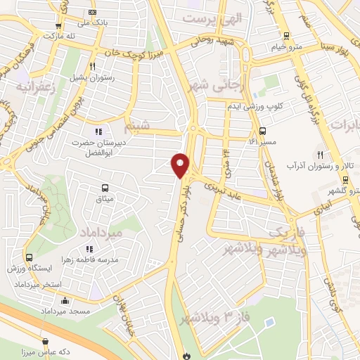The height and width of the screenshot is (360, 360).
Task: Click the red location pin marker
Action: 181,165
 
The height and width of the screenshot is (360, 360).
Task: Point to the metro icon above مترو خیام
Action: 285,36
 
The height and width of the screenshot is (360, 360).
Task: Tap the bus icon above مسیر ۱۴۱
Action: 262,131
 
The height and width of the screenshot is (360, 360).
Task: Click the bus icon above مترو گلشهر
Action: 332,180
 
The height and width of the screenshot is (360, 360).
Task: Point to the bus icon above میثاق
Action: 105,188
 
